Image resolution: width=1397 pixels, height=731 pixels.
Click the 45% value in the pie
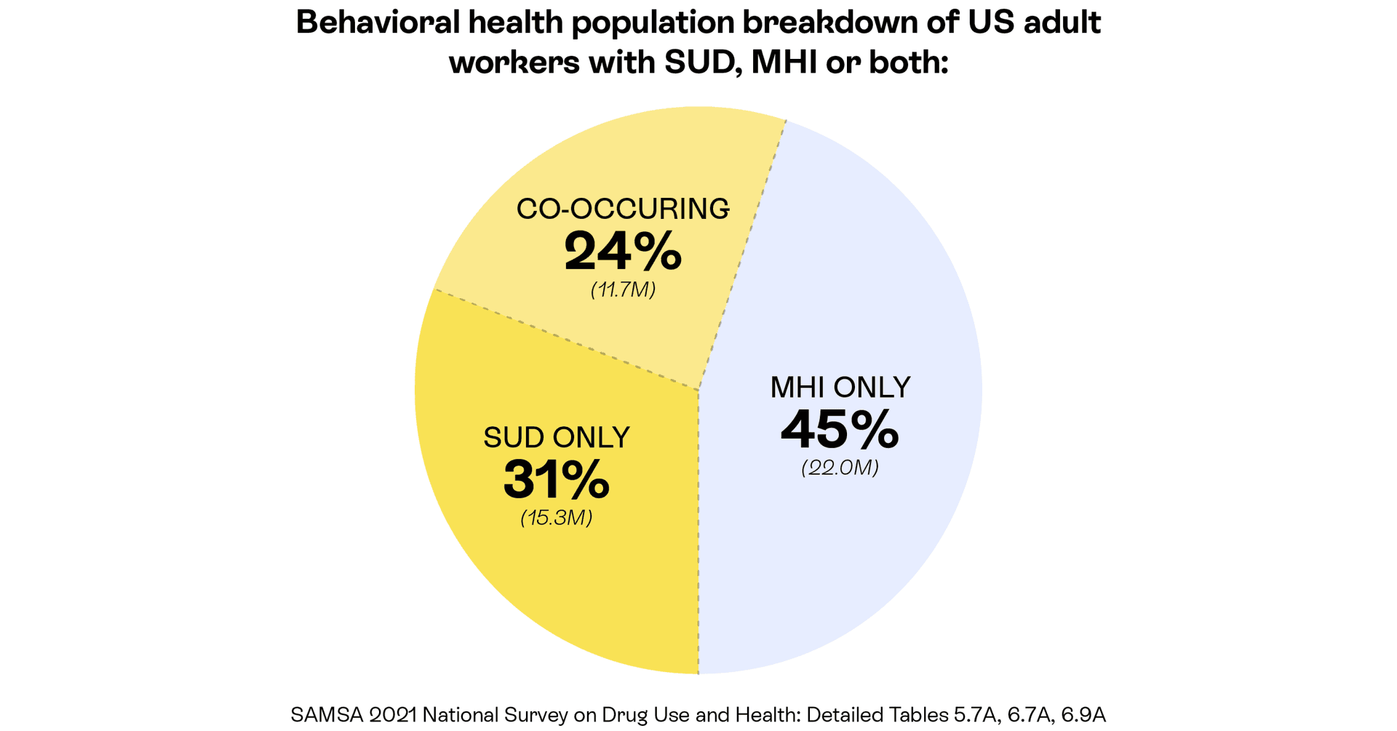click(x=840, y=430)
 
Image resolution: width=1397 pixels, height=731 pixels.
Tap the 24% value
click(x=623, y=252)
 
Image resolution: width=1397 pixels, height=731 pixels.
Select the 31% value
click(x=556, y=480)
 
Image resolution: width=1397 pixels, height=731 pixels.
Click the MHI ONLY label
click(x=840, y=388)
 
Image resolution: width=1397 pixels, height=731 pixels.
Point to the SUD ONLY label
click(x=557, y=438)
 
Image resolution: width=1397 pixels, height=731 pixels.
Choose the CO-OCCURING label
click(x=623, y=209)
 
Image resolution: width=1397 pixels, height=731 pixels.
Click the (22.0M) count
click(x=840, y=468)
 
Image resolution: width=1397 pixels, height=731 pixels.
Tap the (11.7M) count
click(x=623, y=290)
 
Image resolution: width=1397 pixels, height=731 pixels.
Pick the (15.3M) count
click(x=557, y=518)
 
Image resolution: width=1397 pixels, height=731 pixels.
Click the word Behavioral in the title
click(x=378, y=23)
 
